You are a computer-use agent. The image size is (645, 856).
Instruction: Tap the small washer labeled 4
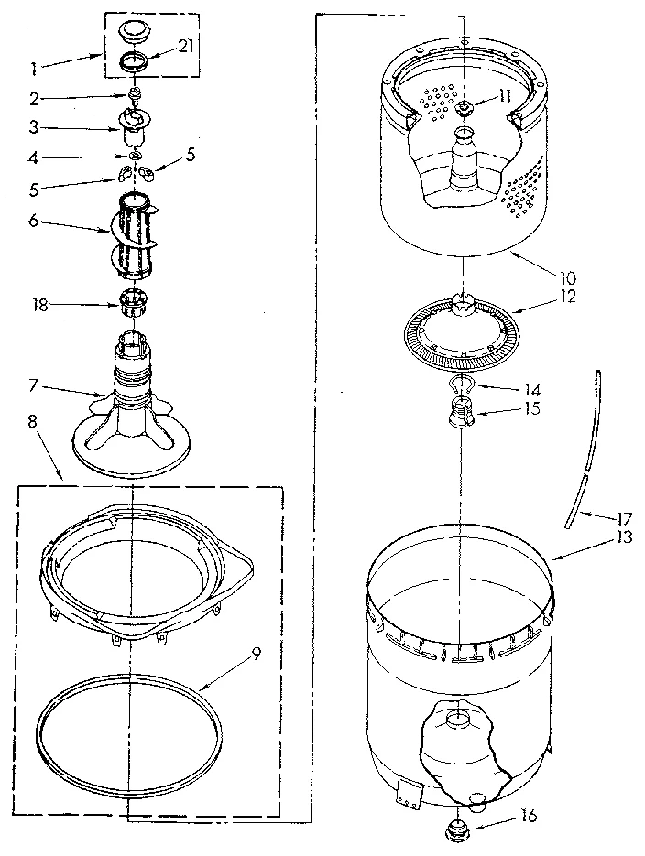click(x=135, y=157)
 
